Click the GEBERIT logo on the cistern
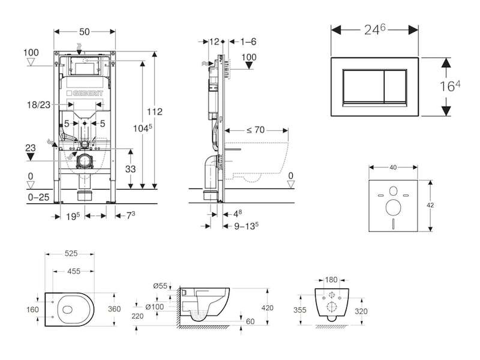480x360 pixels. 85,93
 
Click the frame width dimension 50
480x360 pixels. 85,32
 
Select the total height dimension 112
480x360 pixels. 154,112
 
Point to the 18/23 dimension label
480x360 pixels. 38,104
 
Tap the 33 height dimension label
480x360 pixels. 130,169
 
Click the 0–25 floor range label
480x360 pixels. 38,197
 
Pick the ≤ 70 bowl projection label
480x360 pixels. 256,130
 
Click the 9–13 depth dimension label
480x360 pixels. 247,226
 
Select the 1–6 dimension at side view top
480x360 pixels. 248,41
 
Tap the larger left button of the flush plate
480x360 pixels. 363,86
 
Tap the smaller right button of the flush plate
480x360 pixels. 395,86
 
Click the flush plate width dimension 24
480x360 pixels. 374,29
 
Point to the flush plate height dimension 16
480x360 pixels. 449,86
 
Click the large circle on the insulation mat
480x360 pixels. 394,208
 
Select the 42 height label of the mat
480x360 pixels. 430,205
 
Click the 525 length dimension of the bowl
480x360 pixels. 71,253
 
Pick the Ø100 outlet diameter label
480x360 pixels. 155,307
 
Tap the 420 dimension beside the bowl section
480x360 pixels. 267,308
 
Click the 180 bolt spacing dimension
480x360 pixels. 331,280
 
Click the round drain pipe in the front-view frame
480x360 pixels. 84,161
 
